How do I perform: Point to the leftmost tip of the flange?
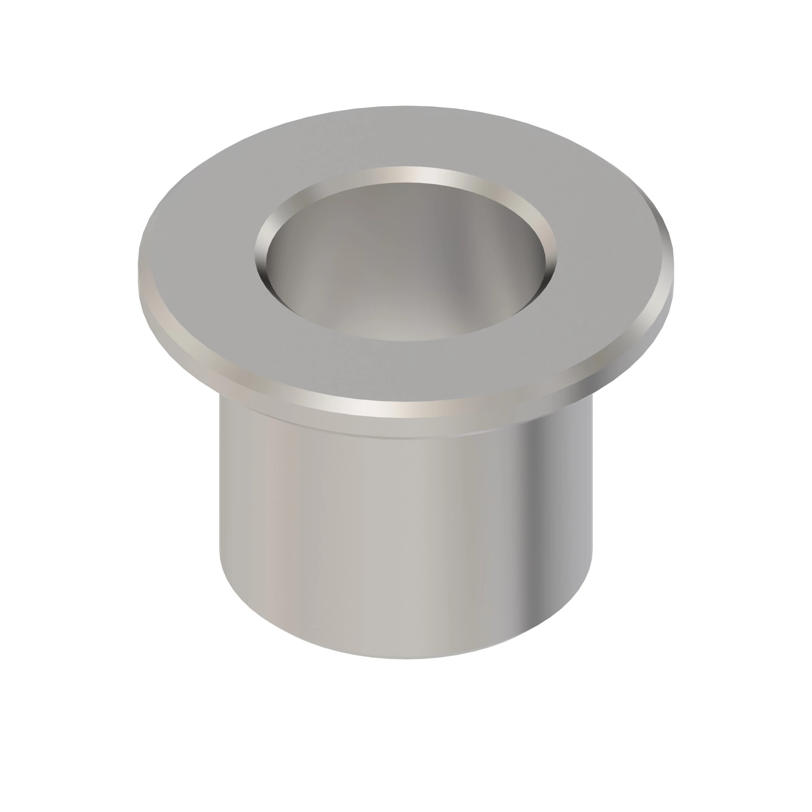click(x=139, y=269)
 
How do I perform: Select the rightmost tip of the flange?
click(x=673, y=269)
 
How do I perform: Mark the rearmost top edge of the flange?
click(x=406, y=106)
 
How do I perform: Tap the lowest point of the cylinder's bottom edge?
click(x=406, y=658)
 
